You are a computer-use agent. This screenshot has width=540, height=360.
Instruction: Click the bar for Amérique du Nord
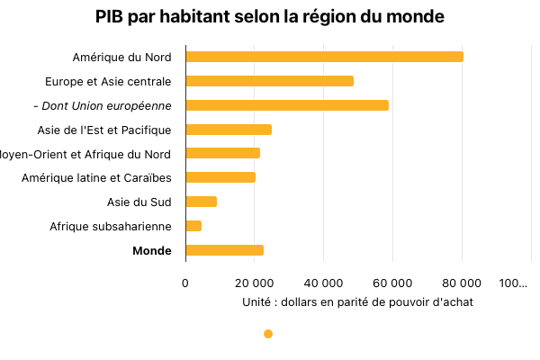[324, 57]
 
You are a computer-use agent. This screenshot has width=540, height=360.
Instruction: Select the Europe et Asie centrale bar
[269, 81]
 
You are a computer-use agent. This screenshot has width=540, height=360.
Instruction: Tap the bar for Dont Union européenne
[286, 105]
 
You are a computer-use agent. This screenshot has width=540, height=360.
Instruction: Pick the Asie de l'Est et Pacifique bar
[228, 130]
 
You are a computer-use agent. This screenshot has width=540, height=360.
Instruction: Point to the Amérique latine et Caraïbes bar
[220, 177]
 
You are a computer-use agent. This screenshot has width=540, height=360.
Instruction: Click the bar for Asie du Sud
[201, 202]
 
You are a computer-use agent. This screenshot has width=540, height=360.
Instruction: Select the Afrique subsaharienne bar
[193, 226]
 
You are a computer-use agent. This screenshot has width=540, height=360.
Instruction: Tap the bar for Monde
[224, 250]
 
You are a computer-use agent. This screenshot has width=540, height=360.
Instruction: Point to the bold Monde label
[151, 250]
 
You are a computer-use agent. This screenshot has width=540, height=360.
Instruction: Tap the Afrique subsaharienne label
[111, 226]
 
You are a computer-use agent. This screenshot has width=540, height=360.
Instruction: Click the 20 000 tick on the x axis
[255, 283]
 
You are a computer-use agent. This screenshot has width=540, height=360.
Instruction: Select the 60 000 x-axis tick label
[393, 283]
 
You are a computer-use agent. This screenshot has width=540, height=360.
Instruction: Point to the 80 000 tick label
[463, 283]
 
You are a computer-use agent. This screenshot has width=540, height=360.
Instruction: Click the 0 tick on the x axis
[185, 283]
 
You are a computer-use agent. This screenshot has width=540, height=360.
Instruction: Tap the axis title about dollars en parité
[357, 302]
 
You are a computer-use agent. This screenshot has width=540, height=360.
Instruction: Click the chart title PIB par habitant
[270, 17]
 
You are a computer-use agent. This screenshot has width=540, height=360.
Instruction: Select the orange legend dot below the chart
[268, 334]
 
